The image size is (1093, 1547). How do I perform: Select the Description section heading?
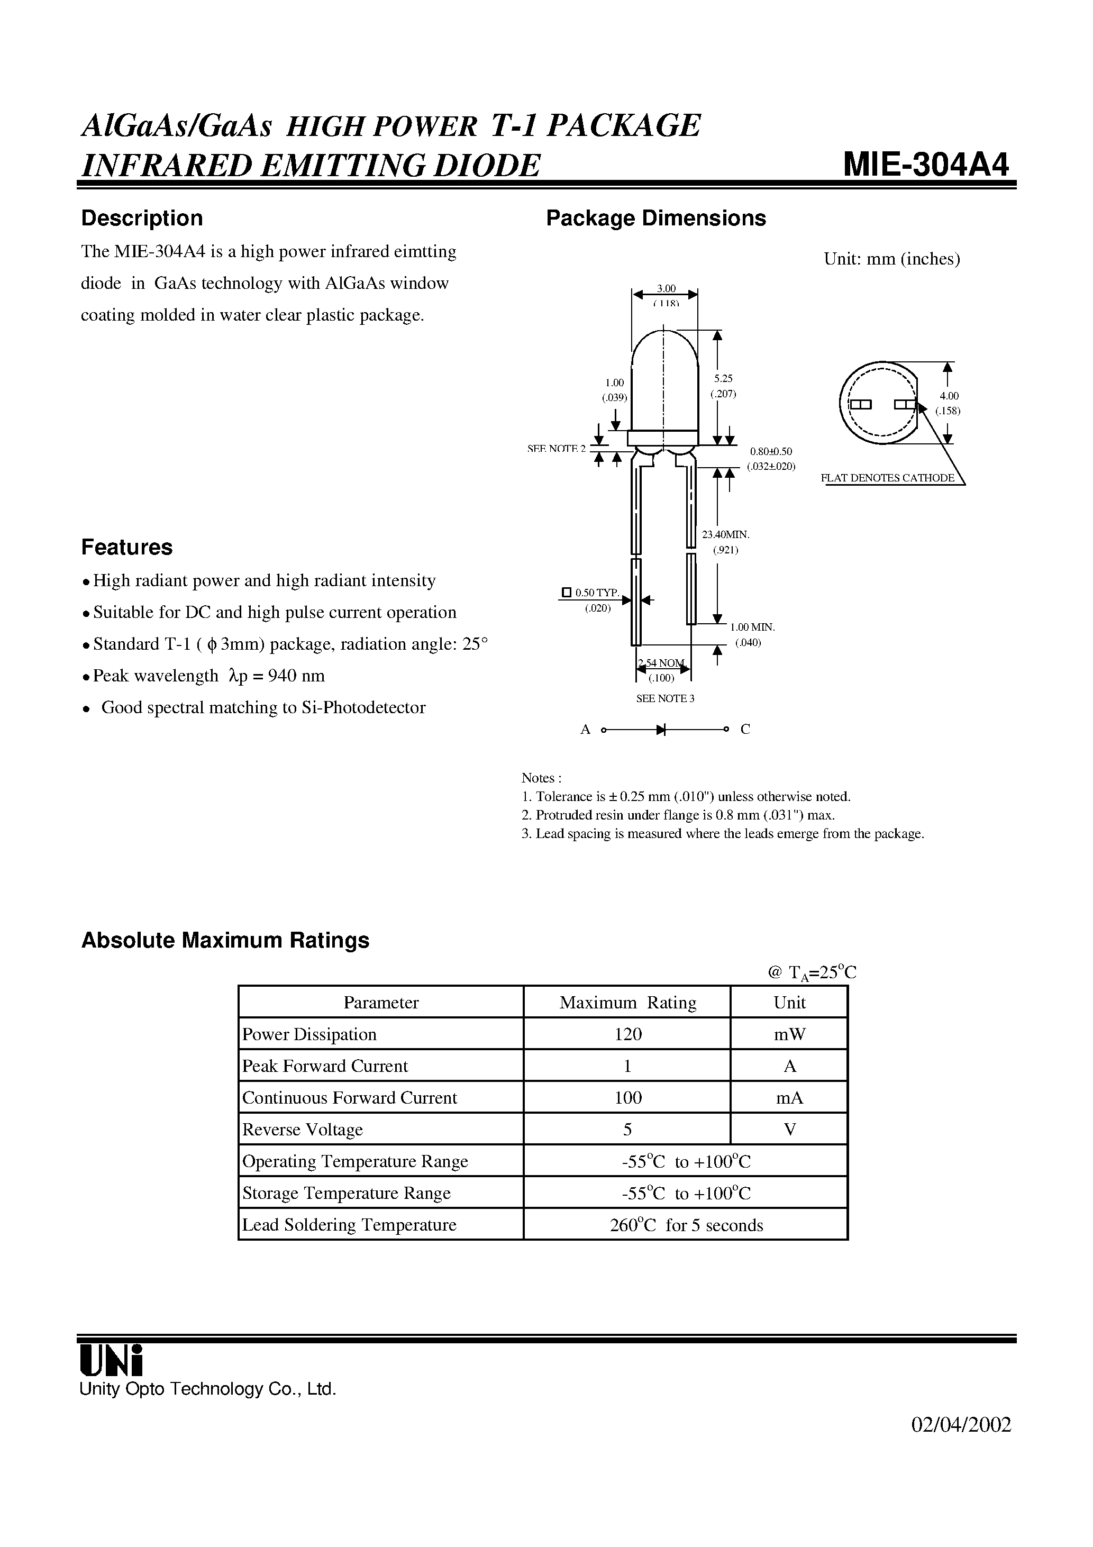point(141,219)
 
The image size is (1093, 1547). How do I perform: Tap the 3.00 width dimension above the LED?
point(666,289)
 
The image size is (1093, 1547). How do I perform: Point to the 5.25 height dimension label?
point(723,379)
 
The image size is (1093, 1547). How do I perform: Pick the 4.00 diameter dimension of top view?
point(949,396)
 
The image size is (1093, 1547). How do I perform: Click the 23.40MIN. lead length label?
point(726,534)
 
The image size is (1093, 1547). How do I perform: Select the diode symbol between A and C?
point(660,729)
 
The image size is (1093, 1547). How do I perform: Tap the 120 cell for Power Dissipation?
point(627,1034)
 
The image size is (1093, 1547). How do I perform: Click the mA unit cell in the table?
point(789,1098)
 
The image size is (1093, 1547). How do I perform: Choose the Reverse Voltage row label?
point(303,1129)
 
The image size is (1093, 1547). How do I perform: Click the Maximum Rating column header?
point(627,1003)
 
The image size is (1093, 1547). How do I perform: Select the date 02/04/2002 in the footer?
point(961,1438)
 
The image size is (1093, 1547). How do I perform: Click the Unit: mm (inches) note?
point(891,259)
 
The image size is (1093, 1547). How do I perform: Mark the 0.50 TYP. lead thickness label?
point(596,592)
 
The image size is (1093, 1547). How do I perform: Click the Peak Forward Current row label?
point(325,1066)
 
